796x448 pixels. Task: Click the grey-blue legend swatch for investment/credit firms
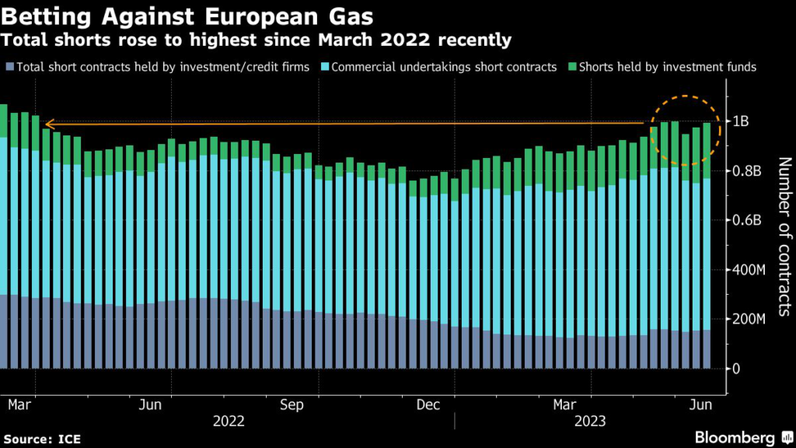(8, 68)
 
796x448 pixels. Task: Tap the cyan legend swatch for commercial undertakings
(324, 68)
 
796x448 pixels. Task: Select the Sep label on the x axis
(292, 404)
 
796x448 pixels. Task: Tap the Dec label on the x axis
(429, 404)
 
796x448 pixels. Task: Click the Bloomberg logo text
(735, 437)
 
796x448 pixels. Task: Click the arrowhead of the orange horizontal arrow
(47, 124)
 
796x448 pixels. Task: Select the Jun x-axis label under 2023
(703, 404)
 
